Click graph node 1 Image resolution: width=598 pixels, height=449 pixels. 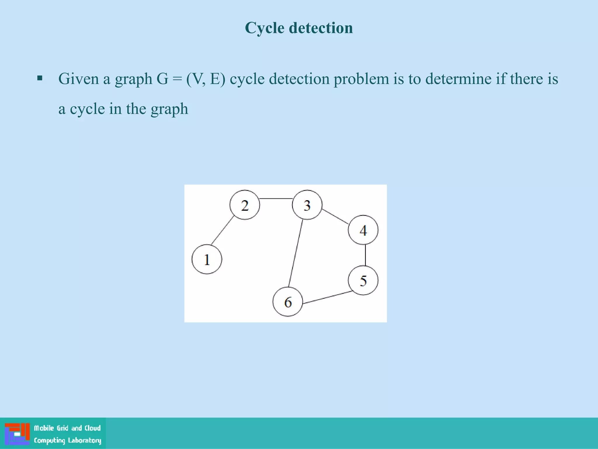(x=207, y=259)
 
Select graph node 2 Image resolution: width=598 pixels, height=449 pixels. (x=245, y=205)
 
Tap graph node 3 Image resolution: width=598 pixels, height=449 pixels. (x=307, y=205)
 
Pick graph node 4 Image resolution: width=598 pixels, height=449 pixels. (x=363, y=230)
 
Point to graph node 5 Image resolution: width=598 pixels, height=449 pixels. (x=363, y=281)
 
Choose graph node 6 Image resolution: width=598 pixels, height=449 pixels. (x=288, y=302)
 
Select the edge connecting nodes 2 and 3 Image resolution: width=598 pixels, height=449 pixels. (x=276, y=198)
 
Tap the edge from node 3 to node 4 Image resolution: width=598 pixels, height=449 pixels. (x=335, y=217)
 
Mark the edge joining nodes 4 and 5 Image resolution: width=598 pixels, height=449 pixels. (x=366, y=255)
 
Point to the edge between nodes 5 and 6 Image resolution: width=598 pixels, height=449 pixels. (x=327, y=297)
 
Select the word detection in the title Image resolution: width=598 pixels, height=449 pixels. (x=321, y=28)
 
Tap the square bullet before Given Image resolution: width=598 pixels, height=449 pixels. (x=40, y=78)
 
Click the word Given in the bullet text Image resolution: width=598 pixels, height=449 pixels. (x=79, y=79)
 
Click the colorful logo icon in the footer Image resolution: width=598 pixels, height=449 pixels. (x=17, y=434)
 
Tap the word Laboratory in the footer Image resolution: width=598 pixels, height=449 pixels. (x=85, y=441)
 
